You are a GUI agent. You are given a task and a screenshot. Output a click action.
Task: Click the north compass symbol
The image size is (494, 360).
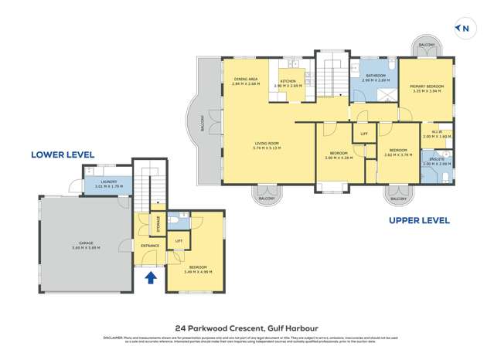click(465, 29)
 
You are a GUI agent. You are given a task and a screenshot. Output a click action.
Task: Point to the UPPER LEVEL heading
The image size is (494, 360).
click(418, 220)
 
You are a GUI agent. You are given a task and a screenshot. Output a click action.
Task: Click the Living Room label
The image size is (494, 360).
click(267, 145)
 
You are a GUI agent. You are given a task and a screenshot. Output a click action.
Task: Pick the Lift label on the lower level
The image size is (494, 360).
click(179, 241)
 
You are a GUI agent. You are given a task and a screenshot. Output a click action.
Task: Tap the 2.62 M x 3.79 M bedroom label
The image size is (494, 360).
click(397, 152)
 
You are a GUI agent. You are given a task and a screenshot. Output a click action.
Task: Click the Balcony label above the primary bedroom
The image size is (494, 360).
click(427, 46)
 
